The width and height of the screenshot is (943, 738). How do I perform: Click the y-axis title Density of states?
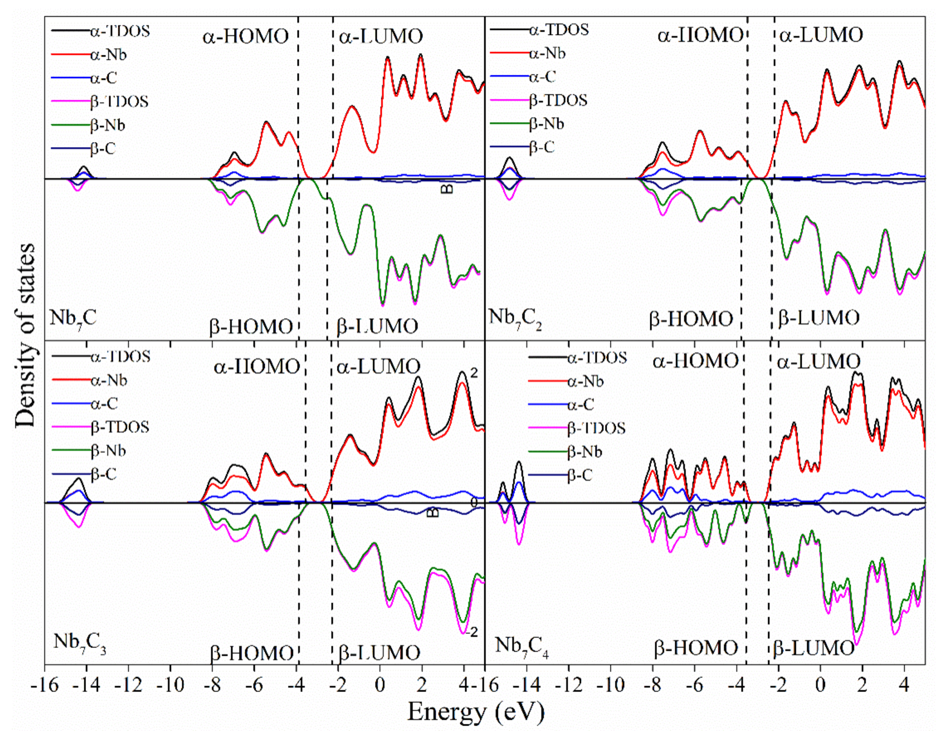(25, 335)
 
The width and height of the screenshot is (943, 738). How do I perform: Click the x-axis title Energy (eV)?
(476, 712)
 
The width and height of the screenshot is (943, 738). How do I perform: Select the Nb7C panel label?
(73, 318)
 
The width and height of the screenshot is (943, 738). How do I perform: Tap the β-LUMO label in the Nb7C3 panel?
(379, 653)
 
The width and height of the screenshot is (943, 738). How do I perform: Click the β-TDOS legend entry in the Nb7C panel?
(119, 102)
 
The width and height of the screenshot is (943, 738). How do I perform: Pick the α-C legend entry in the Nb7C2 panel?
(542, 77)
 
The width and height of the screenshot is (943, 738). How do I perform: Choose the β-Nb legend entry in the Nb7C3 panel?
(108, 451)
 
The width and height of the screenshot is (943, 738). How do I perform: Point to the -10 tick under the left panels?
(170, 686)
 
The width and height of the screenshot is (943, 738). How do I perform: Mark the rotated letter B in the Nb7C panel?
(448, 189)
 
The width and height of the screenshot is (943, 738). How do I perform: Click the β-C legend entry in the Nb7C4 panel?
(579, 476)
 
